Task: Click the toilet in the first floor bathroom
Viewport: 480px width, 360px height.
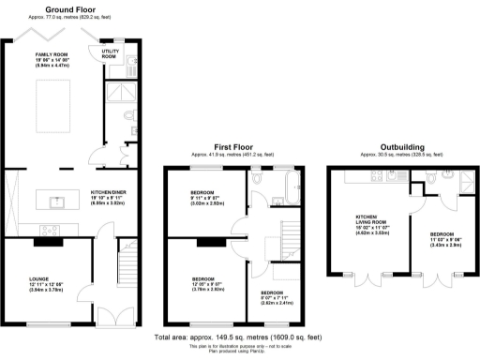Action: pyautogui.click(x=270, y=198)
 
